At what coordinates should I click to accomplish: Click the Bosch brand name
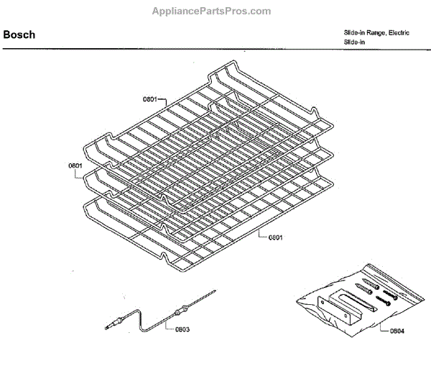[x=19, y=35]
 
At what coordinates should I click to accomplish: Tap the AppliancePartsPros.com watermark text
[x=213, y=11]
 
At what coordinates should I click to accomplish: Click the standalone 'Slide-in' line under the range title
[x=355, y=43]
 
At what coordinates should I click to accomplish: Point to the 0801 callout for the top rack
[x=149, y=99]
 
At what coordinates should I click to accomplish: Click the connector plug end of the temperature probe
[x=113, y=326]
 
